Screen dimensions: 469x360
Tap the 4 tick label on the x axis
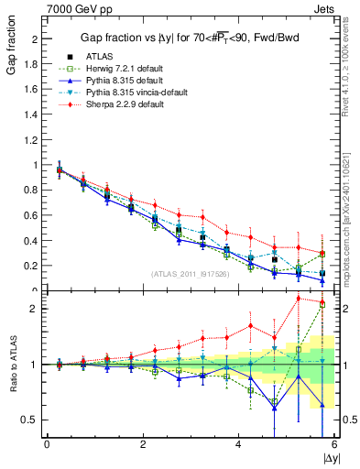pos(238,444)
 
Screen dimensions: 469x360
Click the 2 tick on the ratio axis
pos(34,309)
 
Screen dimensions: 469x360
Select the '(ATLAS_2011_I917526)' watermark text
pos(191,274)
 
